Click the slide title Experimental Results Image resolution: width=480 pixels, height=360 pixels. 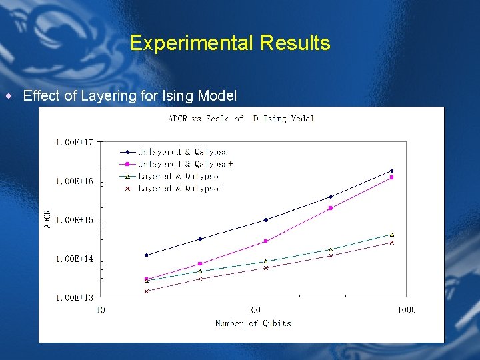(230, 43)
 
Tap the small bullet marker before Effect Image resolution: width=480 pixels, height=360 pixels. (9, 96)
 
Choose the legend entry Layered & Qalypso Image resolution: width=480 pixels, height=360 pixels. (178, 176)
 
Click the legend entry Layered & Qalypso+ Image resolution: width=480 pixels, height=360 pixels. (181, 189)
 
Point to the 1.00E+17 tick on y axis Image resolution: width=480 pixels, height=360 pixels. (75, 142)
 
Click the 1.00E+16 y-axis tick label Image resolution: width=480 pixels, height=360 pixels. (75, 181)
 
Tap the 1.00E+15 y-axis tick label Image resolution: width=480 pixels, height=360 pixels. (75, 220)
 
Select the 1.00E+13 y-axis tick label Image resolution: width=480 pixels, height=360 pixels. (75, 297)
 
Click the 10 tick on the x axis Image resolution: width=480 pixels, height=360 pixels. (101, 309)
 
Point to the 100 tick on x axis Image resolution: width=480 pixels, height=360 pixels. (253, 309)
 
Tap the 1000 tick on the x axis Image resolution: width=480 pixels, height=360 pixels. (407, 309)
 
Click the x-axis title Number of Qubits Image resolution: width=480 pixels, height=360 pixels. (253, 323)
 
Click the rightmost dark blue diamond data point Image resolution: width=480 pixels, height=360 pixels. (392, 171)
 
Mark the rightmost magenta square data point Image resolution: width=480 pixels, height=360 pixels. (392, 177)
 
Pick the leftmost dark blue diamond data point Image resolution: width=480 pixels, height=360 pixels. (147, 255)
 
